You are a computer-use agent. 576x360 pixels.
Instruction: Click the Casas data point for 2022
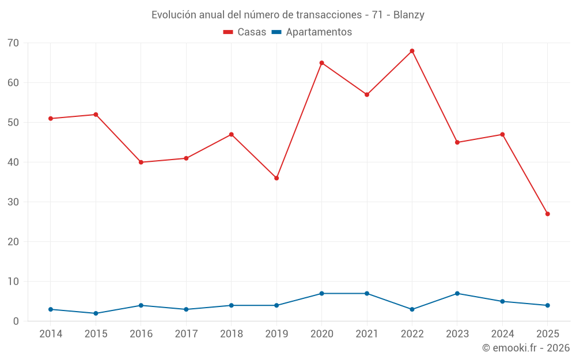(412, 51)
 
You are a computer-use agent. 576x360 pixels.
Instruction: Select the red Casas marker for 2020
(321, 63)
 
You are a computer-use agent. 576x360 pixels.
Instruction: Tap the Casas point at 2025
(547, 214)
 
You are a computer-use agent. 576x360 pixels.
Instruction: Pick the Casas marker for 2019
(276, 178)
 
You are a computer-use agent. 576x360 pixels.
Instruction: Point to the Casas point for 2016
(141, 162)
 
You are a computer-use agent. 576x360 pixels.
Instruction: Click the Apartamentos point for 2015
(96, 313)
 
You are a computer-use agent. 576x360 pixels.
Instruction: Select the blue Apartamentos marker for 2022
(412, 309)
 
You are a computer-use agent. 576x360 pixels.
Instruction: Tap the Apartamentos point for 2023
(457, 294)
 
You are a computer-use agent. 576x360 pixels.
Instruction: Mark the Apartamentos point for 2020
(321, 294)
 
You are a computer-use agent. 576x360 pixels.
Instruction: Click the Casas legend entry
(245, 32)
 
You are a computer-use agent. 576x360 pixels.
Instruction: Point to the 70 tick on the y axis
(13, 43)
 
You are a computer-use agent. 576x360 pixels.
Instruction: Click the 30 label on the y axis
(13, 202)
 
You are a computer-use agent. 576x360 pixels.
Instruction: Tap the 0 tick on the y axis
(16, 321)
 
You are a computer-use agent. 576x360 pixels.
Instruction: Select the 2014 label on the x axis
(51, 334)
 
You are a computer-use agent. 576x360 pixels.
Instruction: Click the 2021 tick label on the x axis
(367, 334)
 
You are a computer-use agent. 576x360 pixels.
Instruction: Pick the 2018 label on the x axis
(231, 334)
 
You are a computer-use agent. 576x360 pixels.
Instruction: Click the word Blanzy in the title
(409, 15)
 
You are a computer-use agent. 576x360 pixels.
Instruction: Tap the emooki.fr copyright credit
(525, 348)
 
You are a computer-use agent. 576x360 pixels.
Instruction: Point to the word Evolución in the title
(172, 15)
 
